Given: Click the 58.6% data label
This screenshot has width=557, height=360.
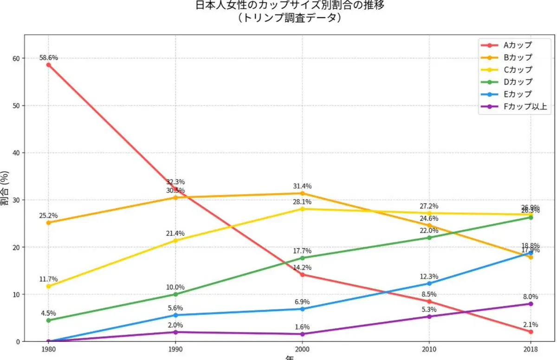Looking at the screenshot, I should (x=48, y=58).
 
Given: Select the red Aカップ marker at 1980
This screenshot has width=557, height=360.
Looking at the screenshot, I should (x=48, y=65).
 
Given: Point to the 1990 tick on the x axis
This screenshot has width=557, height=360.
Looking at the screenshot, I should (x=175, y=348).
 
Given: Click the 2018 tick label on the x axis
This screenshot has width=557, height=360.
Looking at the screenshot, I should (x=531, y=348).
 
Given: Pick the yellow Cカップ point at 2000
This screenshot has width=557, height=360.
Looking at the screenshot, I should (x=302, y=209).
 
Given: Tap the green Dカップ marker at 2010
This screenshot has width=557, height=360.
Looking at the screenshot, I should (x=429, y=238).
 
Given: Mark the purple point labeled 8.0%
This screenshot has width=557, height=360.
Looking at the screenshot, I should (x=531, y=304).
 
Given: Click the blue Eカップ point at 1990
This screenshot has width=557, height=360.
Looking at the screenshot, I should (x=175, y=315).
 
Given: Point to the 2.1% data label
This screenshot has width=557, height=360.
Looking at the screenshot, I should (x=531, y=325).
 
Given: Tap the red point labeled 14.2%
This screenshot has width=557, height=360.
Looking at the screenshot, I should (x=302, y=275).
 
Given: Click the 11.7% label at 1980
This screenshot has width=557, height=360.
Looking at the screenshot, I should (x=48, y=279).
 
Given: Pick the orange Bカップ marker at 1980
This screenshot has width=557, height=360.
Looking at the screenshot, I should (x=48, y=223).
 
